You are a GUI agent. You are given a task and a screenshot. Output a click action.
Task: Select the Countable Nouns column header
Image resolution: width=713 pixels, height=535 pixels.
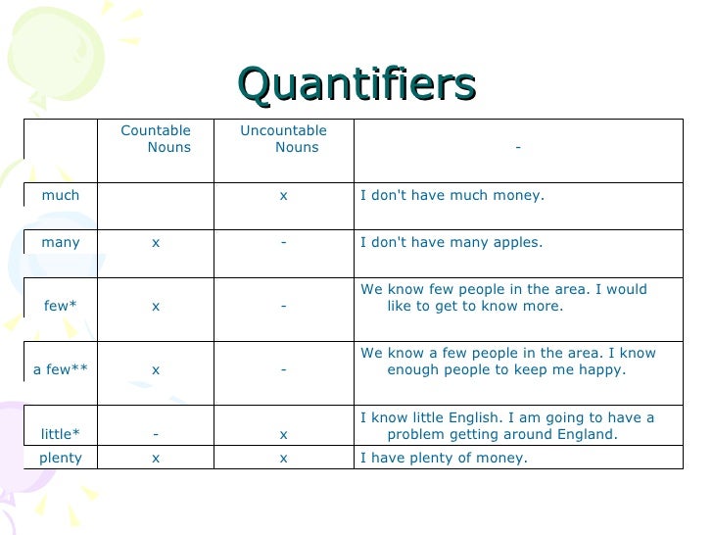[156, 139]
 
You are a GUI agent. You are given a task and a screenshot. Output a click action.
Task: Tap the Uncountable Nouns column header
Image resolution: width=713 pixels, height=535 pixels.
[283, 139]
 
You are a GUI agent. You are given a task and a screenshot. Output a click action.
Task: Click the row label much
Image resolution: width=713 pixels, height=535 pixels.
[61, 195]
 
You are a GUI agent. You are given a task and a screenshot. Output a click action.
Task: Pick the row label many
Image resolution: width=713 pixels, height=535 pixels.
[61, 242]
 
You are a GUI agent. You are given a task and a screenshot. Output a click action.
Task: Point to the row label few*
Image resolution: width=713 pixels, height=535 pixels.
[61, 306]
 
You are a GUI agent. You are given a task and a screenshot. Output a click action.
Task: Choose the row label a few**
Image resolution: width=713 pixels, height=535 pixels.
[61, 369]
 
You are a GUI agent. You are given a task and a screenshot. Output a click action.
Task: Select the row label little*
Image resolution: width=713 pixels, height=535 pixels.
[61, 433]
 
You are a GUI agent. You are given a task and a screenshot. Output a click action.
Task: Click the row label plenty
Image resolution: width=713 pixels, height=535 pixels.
[61, 458]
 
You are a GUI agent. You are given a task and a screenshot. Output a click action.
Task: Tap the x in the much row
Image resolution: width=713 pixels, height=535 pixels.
[283, 196]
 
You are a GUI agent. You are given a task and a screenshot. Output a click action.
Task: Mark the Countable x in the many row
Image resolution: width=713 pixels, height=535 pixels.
[156, 243]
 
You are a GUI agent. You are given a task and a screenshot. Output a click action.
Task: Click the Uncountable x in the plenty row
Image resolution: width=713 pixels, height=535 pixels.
[283, 459]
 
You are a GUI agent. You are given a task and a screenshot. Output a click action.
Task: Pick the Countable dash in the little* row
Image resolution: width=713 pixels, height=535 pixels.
[156, 434]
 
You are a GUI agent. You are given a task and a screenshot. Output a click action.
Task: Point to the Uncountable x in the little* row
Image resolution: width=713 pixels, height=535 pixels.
[283, 434]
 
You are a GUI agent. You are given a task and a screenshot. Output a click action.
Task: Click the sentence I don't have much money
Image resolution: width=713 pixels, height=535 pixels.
[452, 195]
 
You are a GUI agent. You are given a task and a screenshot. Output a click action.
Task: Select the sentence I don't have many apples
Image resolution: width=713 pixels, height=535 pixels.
[452, 242]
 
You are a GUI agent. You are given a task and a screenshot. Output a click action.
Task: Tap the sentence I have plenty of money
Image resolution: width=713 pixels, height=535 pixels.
[444, 458]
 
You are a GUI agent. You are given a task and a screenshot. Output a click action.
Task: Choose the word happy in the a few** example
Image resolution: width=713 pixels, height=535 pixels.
[605, 370]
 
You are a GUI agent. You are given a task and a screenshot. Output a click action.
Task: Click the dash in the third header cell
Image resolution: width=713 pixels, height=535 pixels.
[517, 148]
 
